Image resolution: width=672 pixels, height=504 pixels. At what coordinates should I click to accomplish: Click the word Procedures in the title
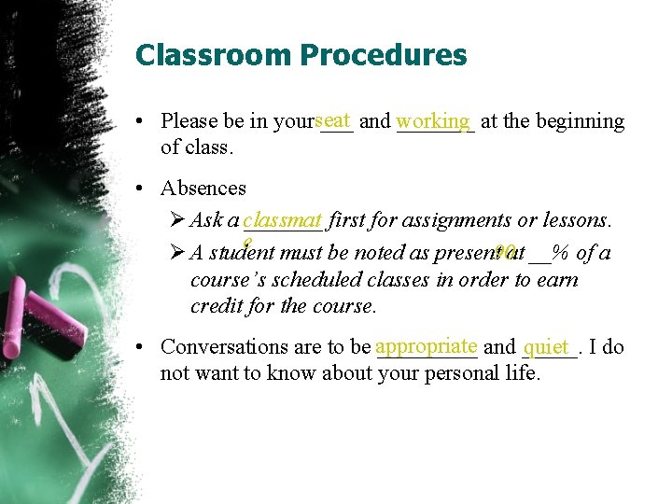[384, 55]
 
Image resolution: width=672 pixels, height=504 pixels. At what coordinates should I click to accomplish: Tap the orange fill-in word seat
[333, 119]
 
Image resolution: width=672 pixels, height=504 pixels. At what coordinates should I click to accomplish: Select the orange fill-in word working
[433, 120]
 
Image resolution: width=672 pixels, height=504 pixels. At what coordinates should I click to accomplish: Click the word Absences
[203, 188]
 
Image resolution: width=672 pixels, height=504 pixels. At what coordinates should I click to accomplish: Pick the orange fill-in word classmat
[282, 220]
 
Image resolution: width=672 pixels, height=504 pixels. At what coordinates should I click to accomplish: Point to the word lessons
[576, 220]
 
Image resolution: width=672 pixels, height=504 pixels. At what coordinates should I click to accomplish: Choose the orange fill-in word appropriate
[427, 345]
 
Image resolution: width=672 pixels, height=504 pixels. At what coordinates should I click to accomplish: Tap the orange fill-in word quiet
[548, 347]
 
